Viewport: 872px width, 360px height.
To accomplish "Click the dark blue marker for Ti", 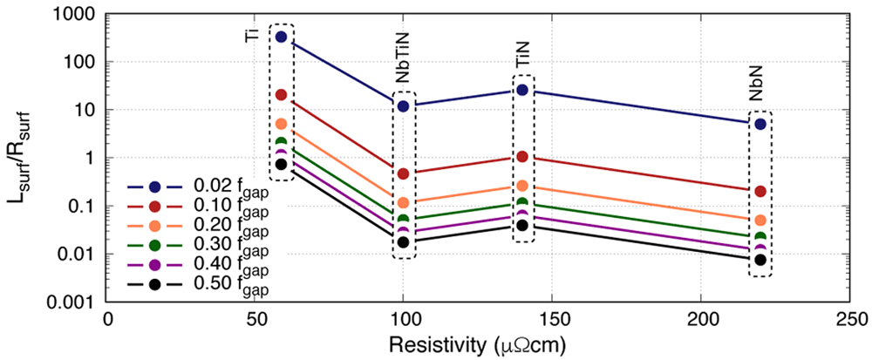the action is click(x=281, y=37).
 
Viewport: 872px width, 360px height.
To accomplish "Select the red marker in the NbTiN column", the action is click(x=403, y=173).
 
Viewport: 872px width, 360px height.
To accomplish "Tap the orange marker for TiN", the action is click(x=522, y=186).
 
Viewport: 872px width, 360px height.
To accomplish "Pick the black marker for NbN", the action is click(x=760, y=260).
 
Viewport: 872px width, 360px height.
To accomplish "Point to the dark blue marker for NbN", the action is click(x=760, y=124).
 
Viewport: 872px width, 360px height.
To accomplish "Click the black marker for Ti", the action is click(x=281, y=164).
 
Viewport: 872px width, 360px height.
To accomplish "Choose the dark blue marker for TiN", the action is click(x=522, y=90).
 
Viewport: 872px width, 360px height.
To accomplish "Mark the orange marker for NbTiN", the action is click(x=403, y=203).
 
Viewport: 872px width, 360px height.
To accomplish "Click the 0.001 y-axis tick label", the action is click(x=77, y=302).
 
